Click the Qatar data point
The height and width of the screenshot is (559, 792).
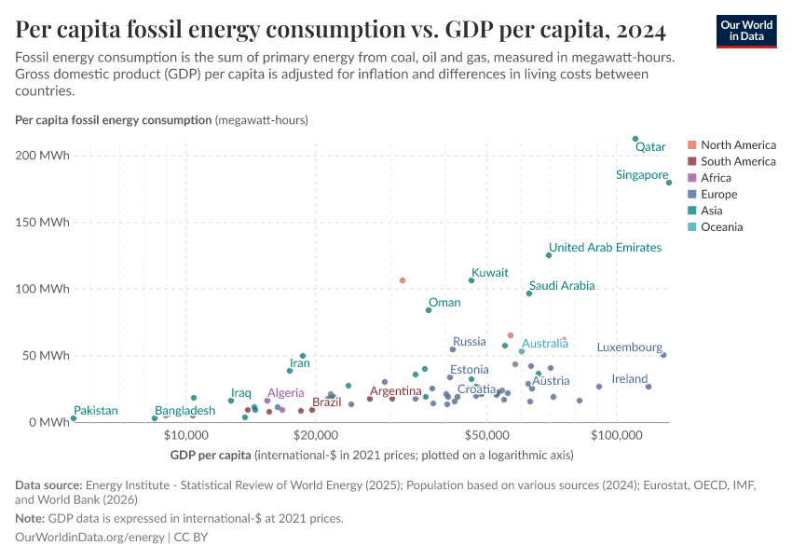point(635,139)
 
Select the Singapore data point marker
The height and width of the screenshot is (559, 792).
point(669,183)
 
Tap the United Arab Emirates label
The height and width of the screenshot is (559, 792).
point(605,248)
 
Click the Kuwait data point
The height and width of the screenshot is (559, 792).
point(471,280)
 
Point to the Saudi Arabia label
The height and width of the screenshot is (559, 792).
point(561,286)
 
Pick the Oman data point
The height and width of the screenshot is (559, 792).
point(429,310)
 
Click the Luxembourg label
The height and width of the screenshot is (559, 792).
point(629,348)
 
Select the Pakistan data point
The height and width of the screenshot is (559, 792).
point(74,418)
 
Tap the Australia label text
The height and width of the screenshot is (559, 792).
point(544,344)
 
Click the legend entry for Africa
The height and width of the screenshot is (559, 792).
point(716,178)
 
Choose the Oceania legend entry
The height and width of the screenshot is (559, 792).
point(721,227)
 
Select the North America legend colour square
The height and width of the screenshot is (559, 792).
point(690,145)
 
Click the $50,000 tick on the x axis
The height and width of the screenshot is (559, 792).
point(488,435)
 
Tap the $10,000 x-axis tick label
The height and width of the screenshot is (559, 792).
point(186,435)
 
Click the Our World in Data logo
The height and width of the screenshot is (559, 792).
point(746,31)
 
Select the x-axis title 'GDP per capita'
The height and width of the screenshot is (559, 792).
point(211,456)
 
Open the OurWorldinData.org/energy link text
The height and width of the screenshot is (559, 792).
point(90,538)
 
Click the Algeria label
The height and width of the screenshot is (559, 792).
point(285,394)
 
